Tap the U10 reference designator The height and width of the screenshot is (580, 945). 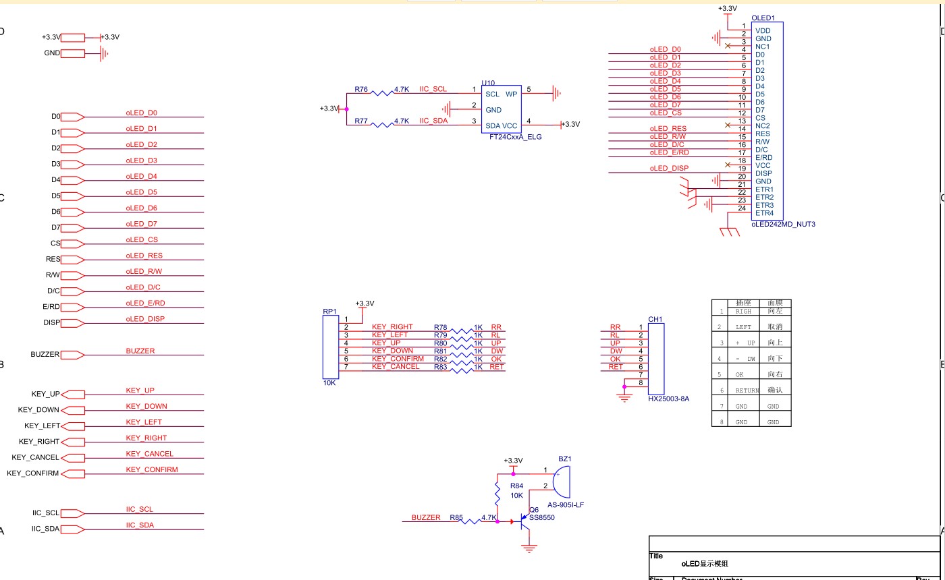point(488,84)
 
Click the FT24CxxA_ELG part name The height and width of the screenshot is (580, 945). point(516,137)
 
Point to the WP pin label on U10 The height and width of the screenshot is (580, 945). point(511,94)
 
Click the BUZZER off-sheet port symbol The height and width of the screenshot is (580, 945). point(73,354)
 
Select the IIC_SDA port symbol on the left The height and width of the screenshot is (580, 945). point(73,529)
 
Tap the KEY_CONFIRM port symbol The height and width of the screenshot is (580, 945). point(73,473)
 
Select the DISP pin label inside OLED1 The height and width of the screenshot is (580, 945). point(763,173)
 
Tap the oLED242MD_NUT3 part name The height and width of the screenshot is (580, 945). point(783,224)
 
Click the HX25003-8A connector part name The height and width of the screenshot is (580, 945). point(668,399)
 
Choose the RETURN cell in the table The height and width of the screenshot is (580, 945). point(747,390)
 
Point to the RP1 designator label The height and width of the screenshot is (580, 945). point(329,312)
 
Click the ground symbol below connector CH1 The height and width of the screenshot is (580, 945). point(624,398)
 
